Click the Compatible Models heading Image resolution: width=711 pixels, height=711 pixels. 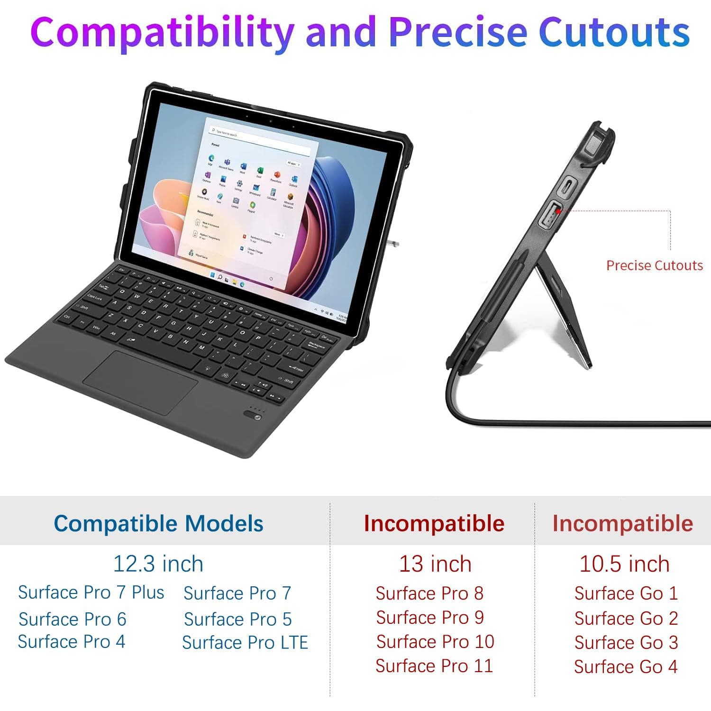(158, 524)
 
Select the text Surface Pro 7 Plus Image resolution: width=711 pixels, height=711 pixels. (91, 592)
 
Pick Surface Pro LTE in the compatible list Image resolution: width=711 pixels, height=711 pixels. (245, 643)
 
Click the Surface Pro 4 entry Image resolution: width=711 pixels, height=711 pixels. (72, 642)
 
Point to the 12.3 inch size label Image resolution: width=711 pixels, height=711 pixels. (158, 564)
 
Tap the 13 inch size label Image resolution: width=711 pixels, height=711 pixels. (435, 564)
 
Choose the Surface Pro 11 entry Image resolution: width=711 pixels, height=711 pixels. (434, 666)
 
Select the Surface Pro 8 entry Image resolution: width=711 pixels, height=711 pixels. (429, 593)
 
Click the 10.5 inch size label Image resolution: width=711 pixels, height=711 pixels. (624, 564)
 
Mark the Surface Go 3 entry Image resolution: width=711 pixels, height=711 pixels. (626, 643)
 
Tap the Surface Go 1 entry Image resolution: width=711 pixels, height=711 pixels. (626, 593)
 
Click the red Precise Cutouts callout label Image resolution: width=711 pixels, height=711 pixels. (654, 265)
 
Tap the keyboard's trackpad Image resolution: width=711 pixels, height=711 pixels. (140, 382)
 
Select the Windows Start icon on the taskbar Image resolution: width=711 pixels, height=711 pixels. (213, 275)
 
